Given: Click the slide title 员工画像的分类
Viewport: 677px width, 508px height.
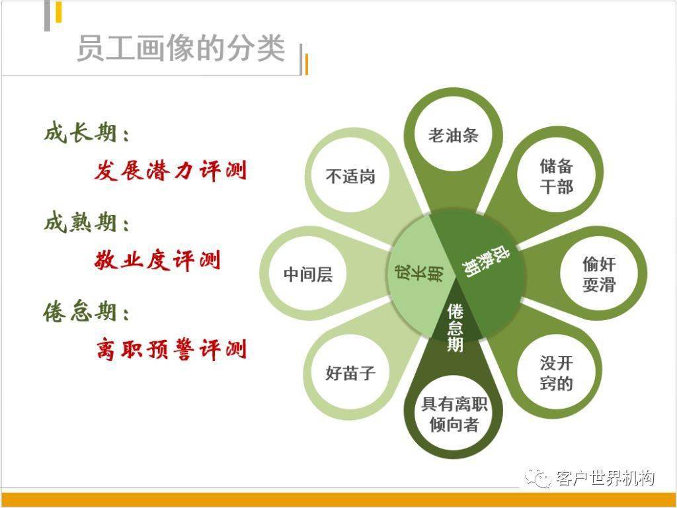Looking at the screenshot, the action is tap(181, 48).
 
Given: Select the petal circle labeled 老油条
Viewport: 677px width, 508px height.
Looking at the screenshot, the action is tap(454, 135).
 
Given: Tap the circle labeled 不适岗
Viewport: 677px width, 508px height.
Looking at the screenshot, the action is tap(350, 176).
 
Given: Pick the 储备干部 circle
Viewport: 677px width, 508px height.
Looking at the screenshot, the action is tap(556, 175).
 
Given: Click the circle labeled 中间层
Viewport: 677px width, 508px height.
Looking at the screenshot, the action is tap(308, 274).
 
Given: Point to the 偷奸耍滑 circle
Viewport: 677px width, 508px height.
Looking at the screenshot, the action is tap(599, 274).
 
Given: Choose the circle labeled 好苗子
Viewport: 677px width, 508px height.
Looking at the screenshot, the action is tap(350, 372).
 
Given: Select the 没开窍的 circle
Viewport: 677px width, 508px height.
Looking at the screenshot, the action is tap(556, 372).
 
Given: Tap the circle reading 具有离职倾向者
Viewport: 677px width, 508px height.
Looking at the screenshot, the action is tap(454, 414).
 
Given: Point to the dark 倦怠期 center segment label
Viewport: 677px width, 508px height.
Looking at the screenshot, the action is tap(455, 328).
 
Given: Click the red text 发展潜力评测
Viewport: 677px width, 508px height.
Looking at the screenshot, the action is tap(171, 170).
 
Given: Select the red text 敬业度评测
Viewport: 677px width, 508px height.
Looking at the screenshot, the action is tap(157, 260).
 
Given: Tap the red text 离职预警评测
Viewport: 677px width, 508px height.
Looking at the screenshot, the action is tap(171, 349).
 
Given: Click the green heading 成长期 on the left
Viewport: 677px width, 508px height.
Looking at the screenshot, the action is tap(87, 132).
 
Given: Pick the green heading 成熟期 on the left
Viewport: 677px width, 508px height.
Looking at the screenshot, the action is tap(87, 222).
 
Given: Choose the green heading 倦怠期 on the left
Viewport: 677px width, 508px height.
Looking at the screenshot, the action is tap(87, 312).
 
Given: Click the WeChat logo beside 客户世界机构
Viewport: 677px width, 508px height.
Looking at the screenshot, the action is tap(538, 478).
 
